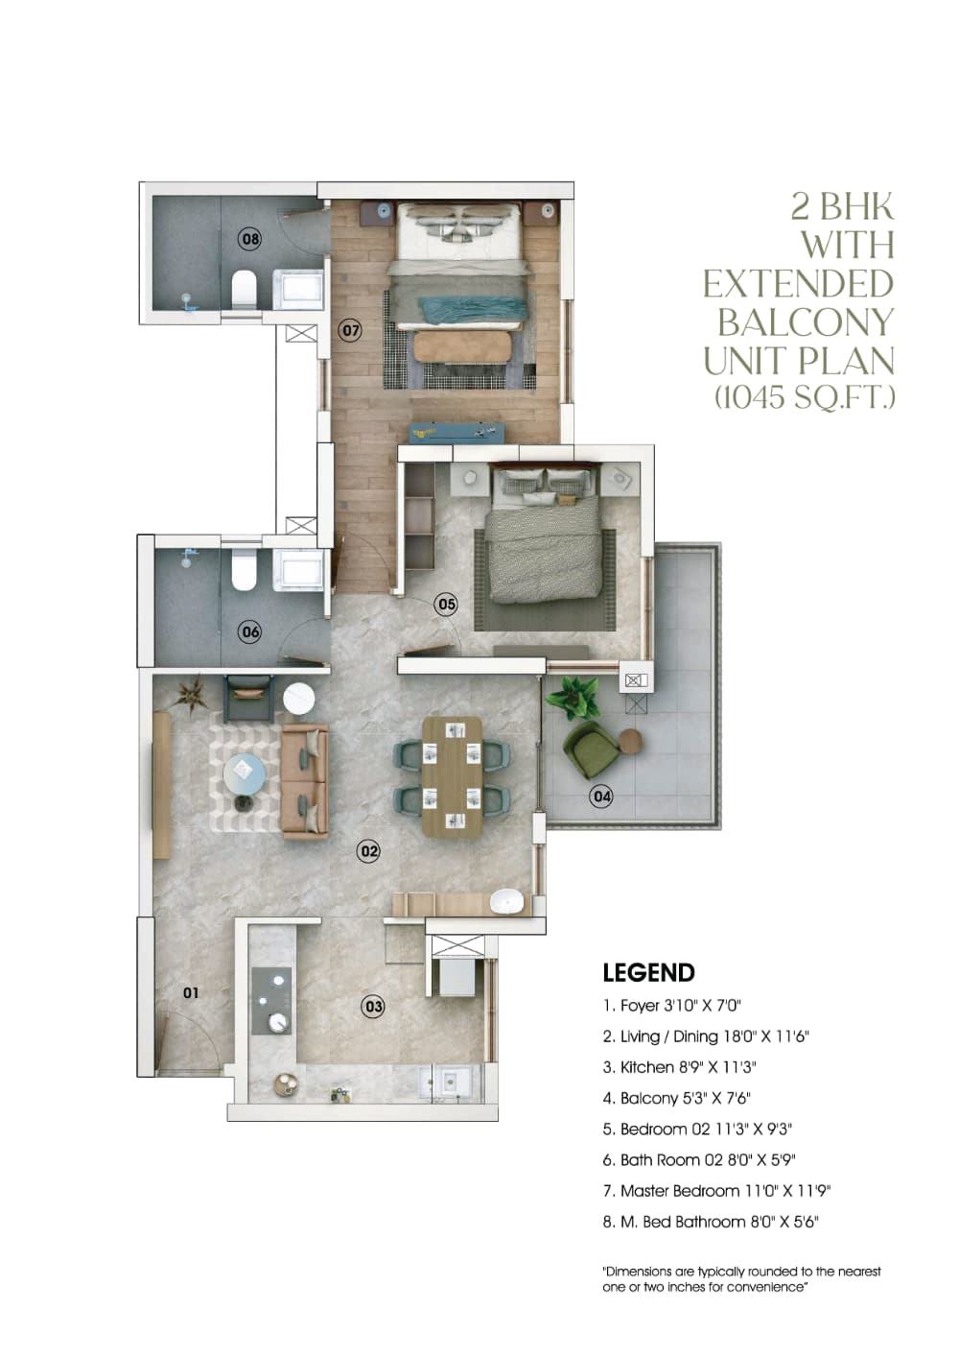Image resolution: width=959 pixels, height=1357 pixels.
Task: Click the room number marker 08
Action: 249,239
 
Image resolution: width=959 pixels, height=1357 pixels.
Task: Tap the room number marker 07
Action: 351,331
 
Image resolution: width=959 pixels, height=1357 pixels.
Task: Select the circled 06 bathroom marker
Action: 249,631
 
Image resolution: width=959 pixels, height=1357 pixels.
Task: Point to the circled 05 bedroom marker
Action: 446,605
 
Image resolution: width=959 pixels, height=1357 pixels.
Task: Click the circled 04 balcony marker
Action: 601,796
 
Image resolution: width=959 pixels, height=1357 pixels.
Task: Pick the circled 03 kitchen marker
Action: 373,1007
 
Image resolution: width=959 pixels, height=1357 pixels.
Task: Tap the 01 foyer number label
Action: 191,992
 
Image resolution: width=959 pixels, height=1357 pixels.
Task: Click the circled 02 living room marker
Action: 368,850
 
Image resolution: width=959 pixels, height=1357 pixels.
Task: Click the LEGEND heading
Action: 648,973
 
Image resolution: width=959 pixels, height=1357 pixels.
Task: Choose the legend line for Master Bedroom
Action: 715,1191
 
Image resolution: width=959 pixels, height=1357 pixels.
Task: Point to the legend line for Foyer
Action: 671,1006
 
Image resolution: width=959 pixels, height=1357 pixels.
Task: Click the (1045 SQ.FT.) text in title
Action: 804,396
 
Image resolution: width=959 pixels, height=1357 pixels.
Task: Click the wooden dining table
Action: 452,775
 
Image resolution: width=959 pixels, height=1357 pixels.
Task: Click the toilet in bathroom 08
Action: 245,287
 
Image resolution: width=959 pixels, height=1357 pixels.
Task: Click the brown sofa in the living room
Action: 305,782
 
